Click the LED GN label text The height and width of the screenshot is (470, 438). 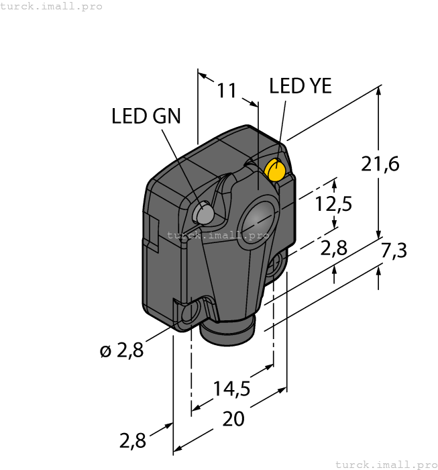(x=146, y=116)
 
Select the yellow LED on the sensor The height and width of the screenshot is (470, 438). (x=276, y=170)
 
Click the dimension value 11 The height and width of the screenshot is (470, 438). (x=228, y=90)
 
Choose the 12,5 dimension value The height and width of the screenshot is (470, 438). (x=334, y=204)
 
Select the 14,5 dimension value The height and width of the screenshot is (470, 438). (x=232, y=388)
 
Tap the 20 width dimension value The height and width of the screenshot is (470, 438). (x=233, y=419)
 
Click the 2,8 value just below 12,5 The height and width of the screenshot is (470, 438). (x=333, y=249)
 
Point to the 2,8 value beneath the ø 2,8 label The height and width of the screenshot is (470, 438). (x=132, y=441)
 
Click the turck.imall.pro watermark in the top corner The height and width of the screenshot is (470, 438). (x=52, y=6)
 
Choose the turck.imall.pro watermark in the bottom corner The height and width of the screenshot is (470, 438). (x=386, y=464)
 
